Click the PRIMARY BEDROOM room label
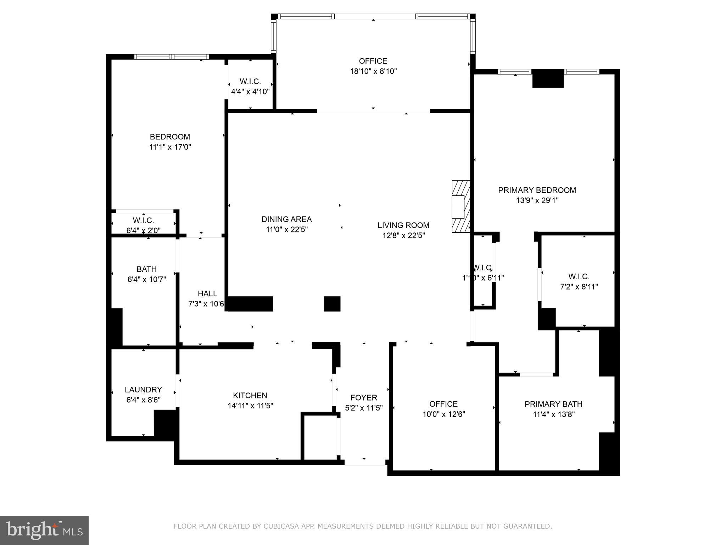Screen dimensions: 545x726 pyautogui.click(x=537, y=190)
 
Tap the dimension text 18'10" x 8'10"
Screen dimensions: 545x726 pyautogui.click(x=373, y=71)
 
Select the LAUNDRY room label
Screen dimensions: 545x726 pyautogui.click(x=143, y=390)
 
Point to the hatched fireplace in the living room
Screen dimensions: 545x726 pyautogui.click(x=461, y=207)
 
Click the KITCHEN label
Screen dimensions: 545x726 pyautogui.click(x=250, y=395)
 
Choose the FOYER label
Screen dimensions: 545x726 pyautogui.click(x=364, y=397)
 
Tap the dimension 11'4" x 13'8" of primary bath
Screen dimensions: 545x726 pyautogui.click(x=553, y=414)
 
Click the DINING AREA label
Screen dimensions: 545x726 pyautogui.click(x=286, y=219)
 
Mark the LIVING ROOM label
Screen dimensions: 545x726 pyautogui.click(x=403, y=225)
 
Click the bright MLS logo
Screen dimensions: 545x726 pyautogui.click(x=44, y=530)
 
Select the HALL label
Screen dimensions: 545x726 pyautogui.click(x=207, y=293)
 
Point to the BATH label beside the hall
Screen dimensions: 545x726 pyautogui.click(x=146, y=269)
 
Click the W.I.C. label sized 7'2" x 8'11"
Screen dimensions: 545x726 pyautogui.click(x=579, y=276)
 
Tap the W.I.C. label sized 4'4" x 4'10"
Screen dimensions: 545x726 pyautogui.click(x=250, y=81)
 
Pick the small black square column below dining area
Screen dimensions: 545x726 pyautogui.click(x=332, y=304)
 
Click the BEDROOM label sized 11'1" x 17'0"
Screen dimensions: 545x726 pyautogui.click(x=170, y=137)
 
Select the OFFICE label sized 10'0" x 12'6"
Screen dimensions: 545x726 pyautogui.click(x=443, y=404)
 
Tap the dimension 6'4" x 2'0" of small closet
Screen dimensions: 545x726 pyautogui.click(x=143, y=230)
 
